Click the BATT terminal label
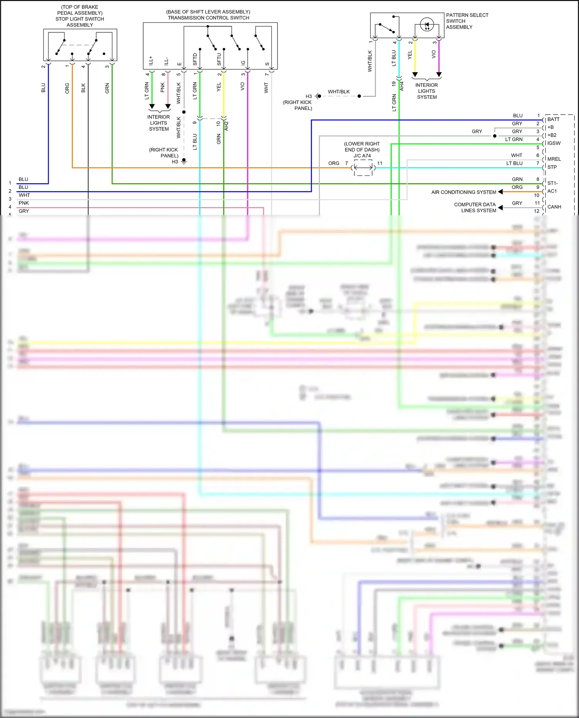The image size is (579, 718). coord(553,120)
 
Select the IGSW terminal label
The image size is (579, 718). coord(554,144)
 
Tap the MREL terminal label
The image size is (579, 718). coord(554,159)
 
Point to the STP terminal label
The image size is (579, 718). coord(552,167)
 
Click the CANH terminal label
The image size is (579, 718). coord(554,207)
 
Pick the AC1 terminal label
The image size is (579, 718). coord(552,191)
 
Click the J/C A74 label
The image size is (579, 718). coord(362,156)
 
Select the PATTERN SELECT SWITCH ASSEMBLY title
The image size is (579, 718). coord(467,21)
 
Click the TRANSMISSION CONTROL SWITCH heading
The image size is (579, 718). coord(208,18)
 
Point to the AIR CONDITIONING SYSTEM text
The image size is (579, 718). coord(464,192)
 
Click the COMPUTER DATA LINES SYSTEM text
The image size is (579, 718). coord(475,208)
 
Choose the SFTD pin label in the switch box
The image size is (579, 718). coord(195,59)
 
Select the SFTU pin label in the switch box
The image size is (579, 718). coord(219,59)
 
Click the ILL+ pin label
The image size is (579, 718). coord(151,60)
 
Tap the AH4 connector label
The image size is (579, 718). coord(402,86)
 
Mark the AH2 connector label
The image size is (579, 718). coord(227,126)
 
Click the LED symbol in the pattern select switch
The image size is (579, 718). coord(427,25)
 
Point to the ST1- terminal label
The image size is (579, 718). coord(552,183)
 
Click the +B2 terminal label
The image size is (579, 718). coord(552,135)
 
